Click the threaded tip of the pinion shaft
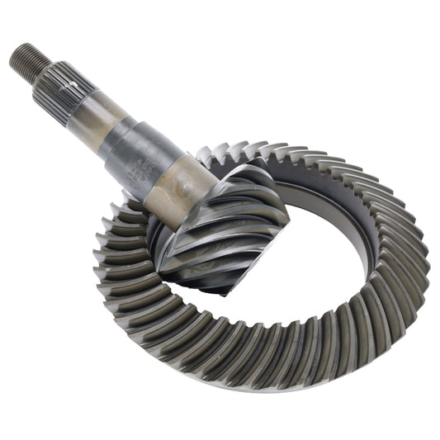[25, 61]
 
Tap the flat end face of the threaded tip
[14, 54]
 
